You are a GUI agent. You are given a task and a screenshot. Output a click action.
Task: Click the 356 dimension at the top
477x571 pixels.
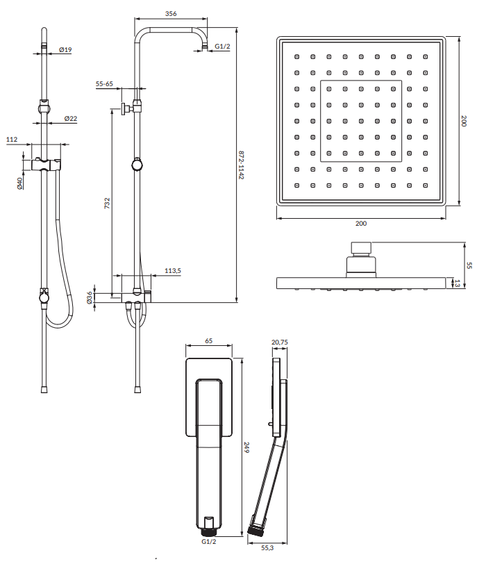pos(170,13)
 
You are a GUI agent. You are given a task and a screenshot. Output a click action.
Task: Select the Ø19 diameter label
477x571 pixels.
pos(65,49)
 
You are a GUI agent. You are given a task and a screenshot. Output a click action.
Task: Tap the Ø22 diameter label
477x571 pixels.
pos(71,118)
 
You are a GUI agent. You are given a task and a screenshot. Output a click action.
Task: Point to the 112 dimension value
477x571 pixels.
pos(12,139)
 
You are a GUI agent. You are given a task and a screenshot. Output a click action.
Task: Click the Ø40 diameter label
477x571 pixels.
pos(19,183)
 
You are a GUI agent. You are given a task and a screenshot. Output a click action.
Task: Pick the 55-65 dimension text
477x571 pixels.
pos(105,84)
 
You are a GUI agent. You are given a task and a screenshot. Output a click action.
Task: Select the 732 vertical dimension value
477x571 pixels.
pos(107,203)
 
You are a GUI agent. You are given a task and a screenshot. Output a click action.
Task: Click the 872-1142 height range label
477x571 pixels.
pos(241,165)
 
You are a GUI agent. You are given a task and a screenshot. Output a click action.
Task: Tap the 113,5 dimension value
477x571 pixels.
pos(173,271)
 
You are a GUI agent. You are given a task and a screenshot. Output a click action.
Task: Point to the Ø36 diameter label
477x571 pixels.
pos(90,297)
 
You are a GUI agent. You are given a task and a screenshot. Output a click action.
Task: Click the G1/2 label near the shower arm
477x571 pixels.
pos(222,47)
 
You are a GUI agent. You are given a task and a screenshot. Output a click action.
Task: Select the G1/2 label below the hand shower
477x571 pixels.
pos(208,542)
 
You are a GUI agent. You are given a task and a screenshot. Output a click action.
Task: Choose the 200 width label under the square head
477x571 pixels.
pos(361,223)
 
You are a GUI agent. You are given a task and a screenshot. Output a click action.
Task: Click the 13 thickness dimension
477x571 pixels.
pos(458,283)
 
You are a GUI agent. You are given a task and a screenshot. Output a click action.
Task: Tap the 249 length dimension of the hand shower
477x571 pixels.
pos(246,447)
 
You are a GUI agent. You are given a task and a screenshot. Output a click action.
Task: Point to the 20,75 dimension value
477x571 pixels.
pos(280,342)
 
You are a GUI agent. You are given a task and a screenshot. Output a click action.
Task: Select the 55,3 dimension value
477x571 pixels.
pos(267,547)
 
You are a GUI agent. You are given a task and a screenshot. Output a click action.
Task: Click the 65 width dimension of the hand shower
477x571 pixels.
pos(208,341)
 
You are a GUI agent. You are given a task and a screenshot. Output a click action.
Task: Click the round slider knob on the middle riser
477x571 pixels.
pos(137,165)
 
